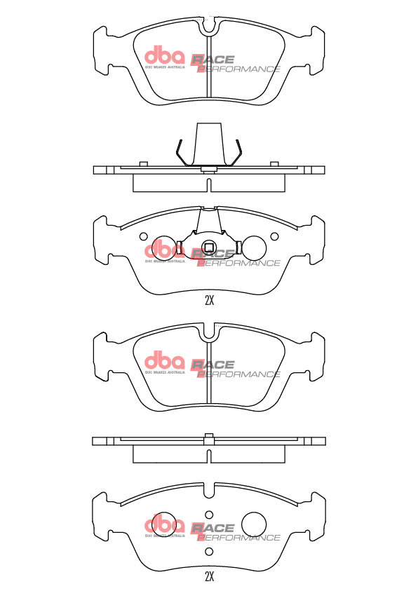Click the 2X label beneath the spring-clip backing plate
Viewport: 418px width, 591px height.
209,301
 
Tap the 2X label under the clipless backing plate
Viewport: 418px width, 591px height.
209,577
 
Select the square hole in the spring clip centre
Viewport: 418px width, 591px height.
208,246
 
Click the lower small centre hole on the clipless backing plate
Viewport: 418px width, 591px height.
208,552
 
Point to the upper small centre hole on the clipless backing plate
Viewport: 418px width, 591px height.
208,513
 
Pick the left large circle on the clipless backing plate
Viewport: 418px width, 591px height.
166,522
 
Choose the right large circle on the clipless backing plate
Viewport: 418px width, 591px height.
254,522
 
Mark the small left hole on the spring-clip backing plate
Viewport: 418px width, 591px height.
144,236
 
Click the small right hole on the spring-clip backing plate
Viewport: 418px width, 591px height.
274,236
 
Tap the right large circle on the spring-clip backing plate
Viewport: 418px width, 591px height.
252,247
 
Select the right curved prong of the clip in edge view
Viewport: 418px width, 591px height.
238,151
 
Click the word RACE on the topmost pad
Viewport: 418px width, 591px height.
213,60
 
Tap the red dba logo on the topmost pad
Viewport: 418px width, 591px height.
164,55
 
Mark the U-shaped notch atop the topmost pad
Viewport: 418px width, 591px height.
209,28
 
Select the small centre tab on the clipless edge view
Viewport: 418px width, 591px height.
208,437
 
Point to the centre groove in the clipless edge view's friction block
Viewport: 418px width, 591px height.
209,457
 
